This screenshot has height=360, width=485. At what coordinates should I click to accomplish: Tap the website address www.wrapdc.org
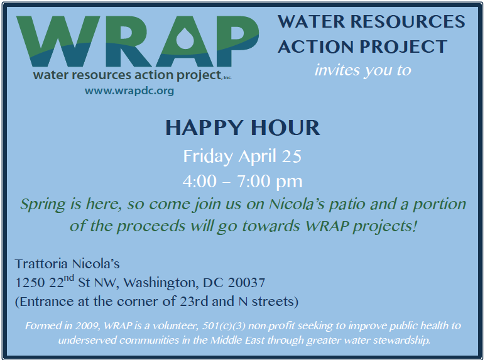click(x=129, y=91)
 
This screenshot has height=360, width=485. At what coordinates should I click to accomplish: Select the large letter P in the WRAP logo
click(x=237, y=41)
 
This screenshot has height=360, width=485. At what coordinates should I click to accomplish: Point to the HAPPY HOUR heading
click(x=242, y=128)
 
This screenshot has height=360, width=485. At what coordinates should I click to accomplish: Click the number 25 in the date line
click(x=292, y=156)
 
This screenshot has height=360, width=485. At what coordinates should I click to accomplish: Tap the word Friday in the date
click(x=208, y=156)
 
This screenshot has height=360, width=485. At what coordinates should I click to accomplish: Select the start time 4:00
click(x=200, y=181)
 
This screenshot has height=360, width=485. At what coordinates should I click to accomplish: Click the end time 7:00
click(x=254, y=181)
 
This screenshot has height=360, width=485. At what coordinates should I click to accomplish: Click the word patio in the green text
click(x=347, y=205)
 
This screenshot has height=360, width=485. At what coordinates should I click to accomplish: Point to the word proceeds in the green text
click(x=151, y=227)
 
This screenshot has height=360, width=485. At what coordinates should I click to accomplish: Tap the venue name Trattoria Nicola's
click(x=67, y=264)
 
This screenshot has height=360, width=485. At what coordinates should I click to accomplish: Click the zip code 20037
click(x=246, y=283)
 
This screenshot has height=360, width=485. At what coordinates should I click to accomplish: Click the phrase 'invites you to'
click(x=363, y=70)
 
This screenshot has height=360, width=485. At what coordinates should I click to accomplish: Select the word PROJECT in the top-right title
click(x=403, y=46)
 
